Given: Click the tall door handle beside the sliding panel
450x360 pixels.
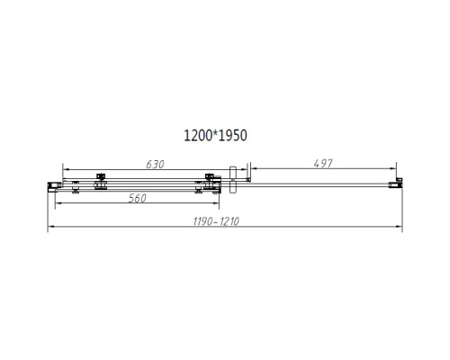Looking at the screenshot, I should click(232, 178).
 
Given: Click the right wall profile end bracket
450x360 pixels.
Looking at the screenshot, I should click(394, 184).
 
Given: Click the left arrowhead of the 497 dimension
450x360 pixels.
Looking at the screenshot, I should click(252, 168).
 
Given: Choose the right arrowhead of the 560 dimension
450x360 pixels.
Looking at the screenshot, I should click(219, 204).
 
